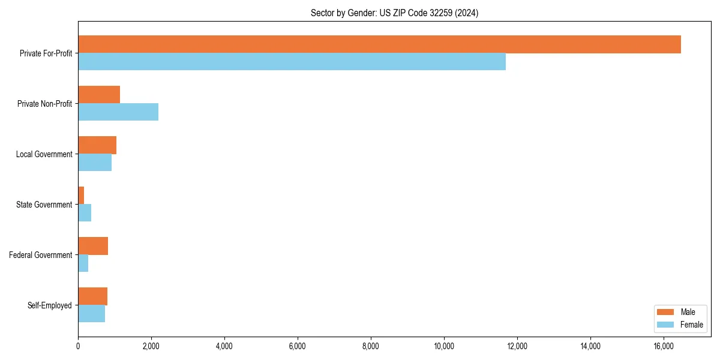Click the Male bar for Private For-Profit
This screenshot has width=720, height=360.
(379, 44)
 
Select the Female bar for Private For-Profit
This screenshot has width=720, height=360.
(292, 62)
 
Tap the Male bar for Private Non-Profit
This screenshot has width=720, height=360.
(99, 95)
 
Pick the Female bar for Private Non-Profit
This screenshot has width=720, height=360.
(118, 112)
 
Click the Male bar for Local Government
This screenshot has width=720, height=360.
(97, 145)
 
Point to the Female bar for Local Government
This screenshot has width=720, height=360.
(95, 163)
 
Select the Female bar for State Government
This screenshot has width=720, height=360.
(85, 213)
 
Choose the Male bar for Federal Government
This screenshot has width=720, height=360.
(93, 246)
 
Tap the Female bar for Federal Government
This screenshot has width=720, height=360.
(83, 263)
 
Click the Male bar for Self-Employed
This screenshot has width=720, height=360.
(93, 296)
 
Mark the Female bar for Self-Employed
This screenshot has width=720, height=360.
(92, 314)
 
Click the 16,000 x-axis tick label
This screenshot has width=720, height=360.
(664, 346)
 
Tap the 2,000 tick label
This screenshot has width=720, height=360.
(151, 346)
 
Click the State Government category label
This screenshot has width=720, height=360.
(44, 205)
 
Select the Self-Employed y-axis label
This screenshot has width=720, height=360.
(50, 305)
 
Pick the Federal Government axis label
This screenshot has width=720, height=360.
(41, 255)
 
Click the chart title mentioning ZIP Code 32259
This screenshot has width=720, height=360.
(394, 13)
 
